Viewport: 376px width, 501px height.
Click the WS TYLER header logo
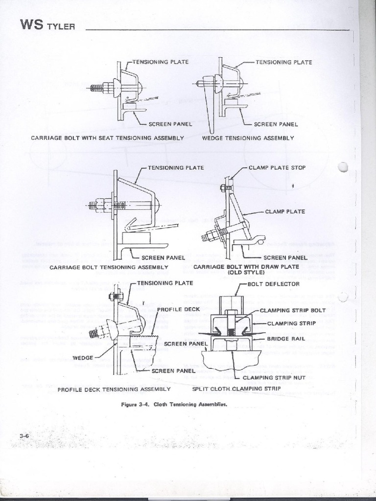(47, 25)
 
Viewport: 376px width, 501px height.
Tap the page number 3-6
(25, 435)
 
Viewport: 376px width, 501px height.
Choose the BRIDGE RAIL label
(286, 339)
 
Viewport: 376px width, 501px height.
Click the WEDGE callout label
(83, 358)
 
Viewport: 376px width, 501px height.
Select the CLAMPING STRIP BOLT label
(292, 310)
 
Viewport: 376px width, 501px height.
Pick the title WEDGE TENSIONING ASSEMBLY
(248, 138)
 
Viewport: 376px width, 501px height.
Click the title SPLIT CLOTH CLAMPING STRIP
(236, 389)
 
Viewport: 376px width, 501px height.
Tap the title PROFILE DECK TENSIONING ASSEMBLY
(114, 389)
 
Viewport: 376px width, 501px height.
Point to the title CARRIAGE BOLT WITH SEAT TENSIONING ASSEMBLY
(107, 138)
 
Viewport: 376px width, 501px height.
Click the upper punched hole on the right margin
(343, 167)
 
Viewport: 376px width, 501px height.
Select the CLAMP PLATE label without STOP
(285, 212)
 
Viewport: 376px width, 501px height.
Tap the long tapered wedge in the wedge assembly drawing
(210, 110)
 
